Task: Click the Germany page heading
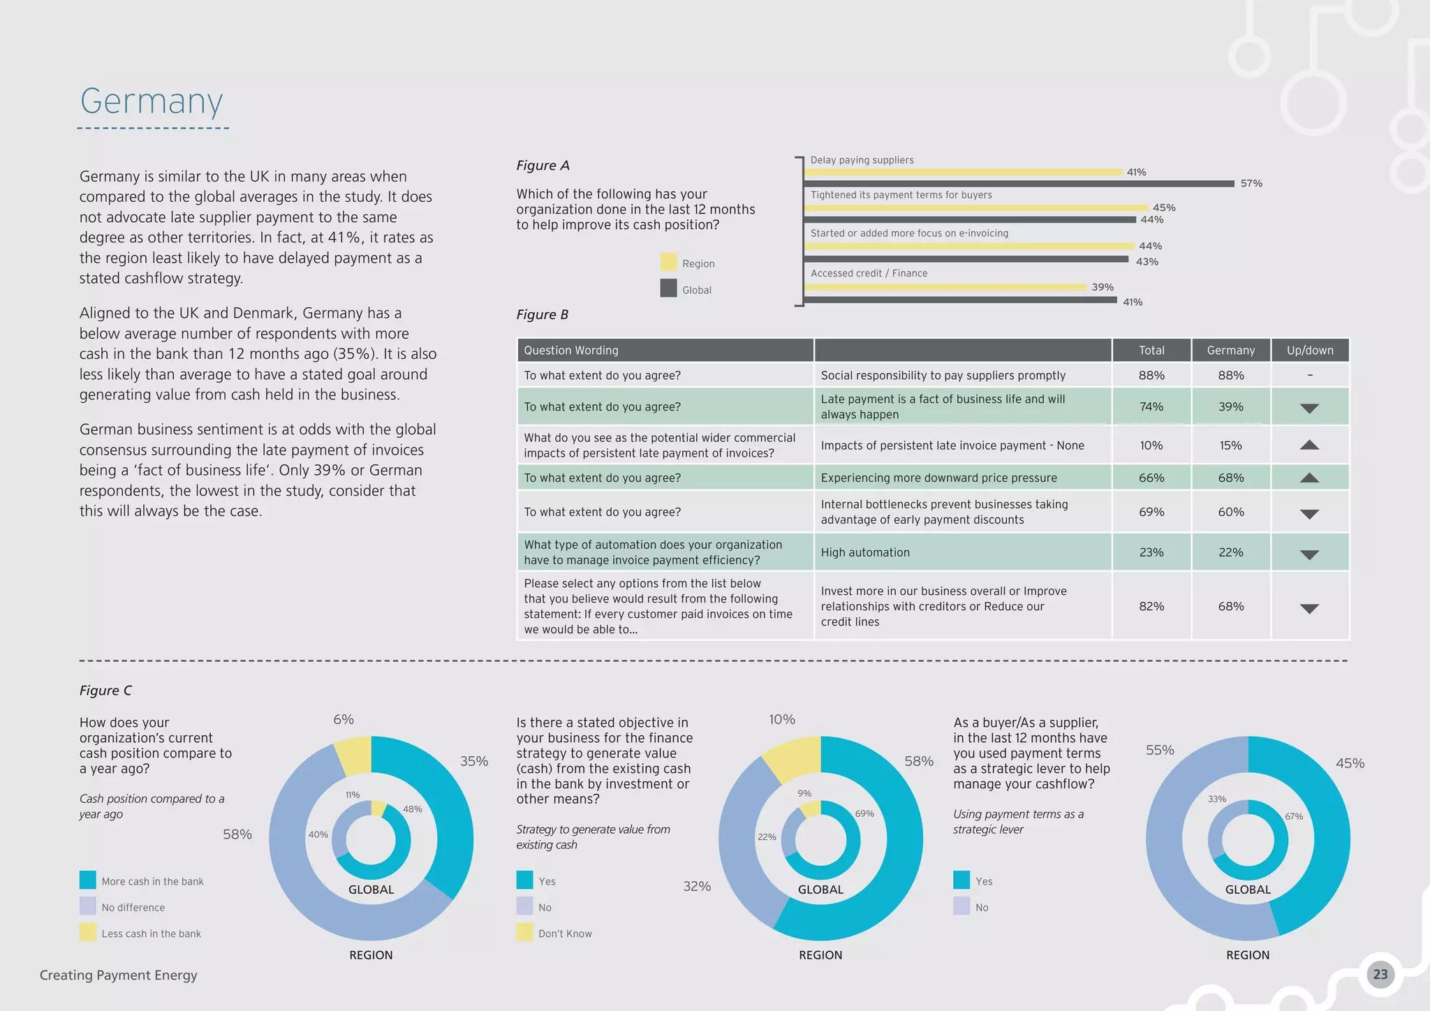152,102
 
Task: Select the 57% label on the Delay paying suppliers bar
1251,184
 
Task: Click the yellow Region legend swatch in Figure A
668,263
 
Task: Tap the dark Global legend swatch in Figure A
668,288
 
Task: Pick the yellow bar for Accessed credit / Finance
945,287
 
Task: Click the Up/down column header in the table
1310,350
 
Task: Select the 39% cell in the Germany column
1230,407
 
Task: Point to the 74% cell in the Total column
1151,407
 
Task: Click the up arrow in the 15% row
1309,445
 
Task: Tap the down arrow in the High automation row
1309,554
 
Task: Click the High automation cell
865,552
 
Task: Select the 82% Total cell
1151,607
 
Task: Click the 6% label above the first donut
344,719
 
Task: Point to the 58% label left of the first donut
237,834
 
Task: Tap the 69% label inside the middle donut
864,813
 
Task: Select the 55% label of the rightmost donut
1160,750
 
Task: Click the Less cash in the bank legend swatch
88,933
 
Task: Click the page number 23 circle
1380,975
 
